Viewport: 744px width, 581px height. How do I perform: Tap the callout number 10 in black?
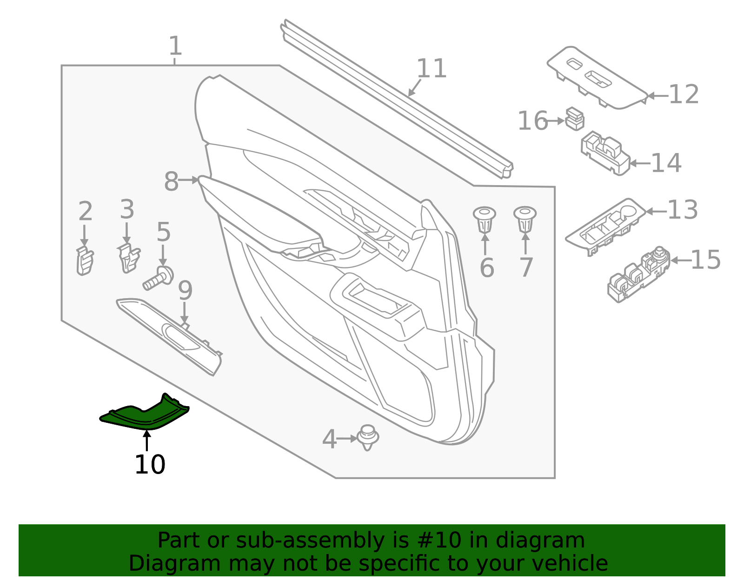point(150,465)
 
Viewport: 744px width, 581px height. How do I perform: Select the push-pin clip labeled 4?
point(368,437)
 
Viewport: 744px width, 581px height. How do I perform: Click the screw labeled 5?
point(159,278)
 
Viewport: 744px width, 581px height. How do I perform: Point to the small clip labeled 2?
point(85,261)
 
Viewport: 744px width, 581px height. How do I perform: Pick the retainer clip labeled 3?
point(128,259)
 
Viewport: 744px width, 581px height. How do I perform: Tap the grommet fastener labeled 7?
point(525,219)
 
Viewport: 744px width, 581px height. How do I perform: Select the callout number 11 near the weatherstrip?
point(432,69)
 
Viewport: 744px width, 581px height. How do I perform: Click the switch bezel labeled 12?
point(597,78)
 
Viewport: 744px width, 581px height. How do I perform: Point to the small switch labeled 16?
point(575,119)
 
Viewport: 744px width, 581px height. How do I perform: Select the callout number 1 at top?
point(175,46)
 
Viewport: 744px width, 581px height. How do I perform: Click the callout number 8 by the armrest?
point(171,181)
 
